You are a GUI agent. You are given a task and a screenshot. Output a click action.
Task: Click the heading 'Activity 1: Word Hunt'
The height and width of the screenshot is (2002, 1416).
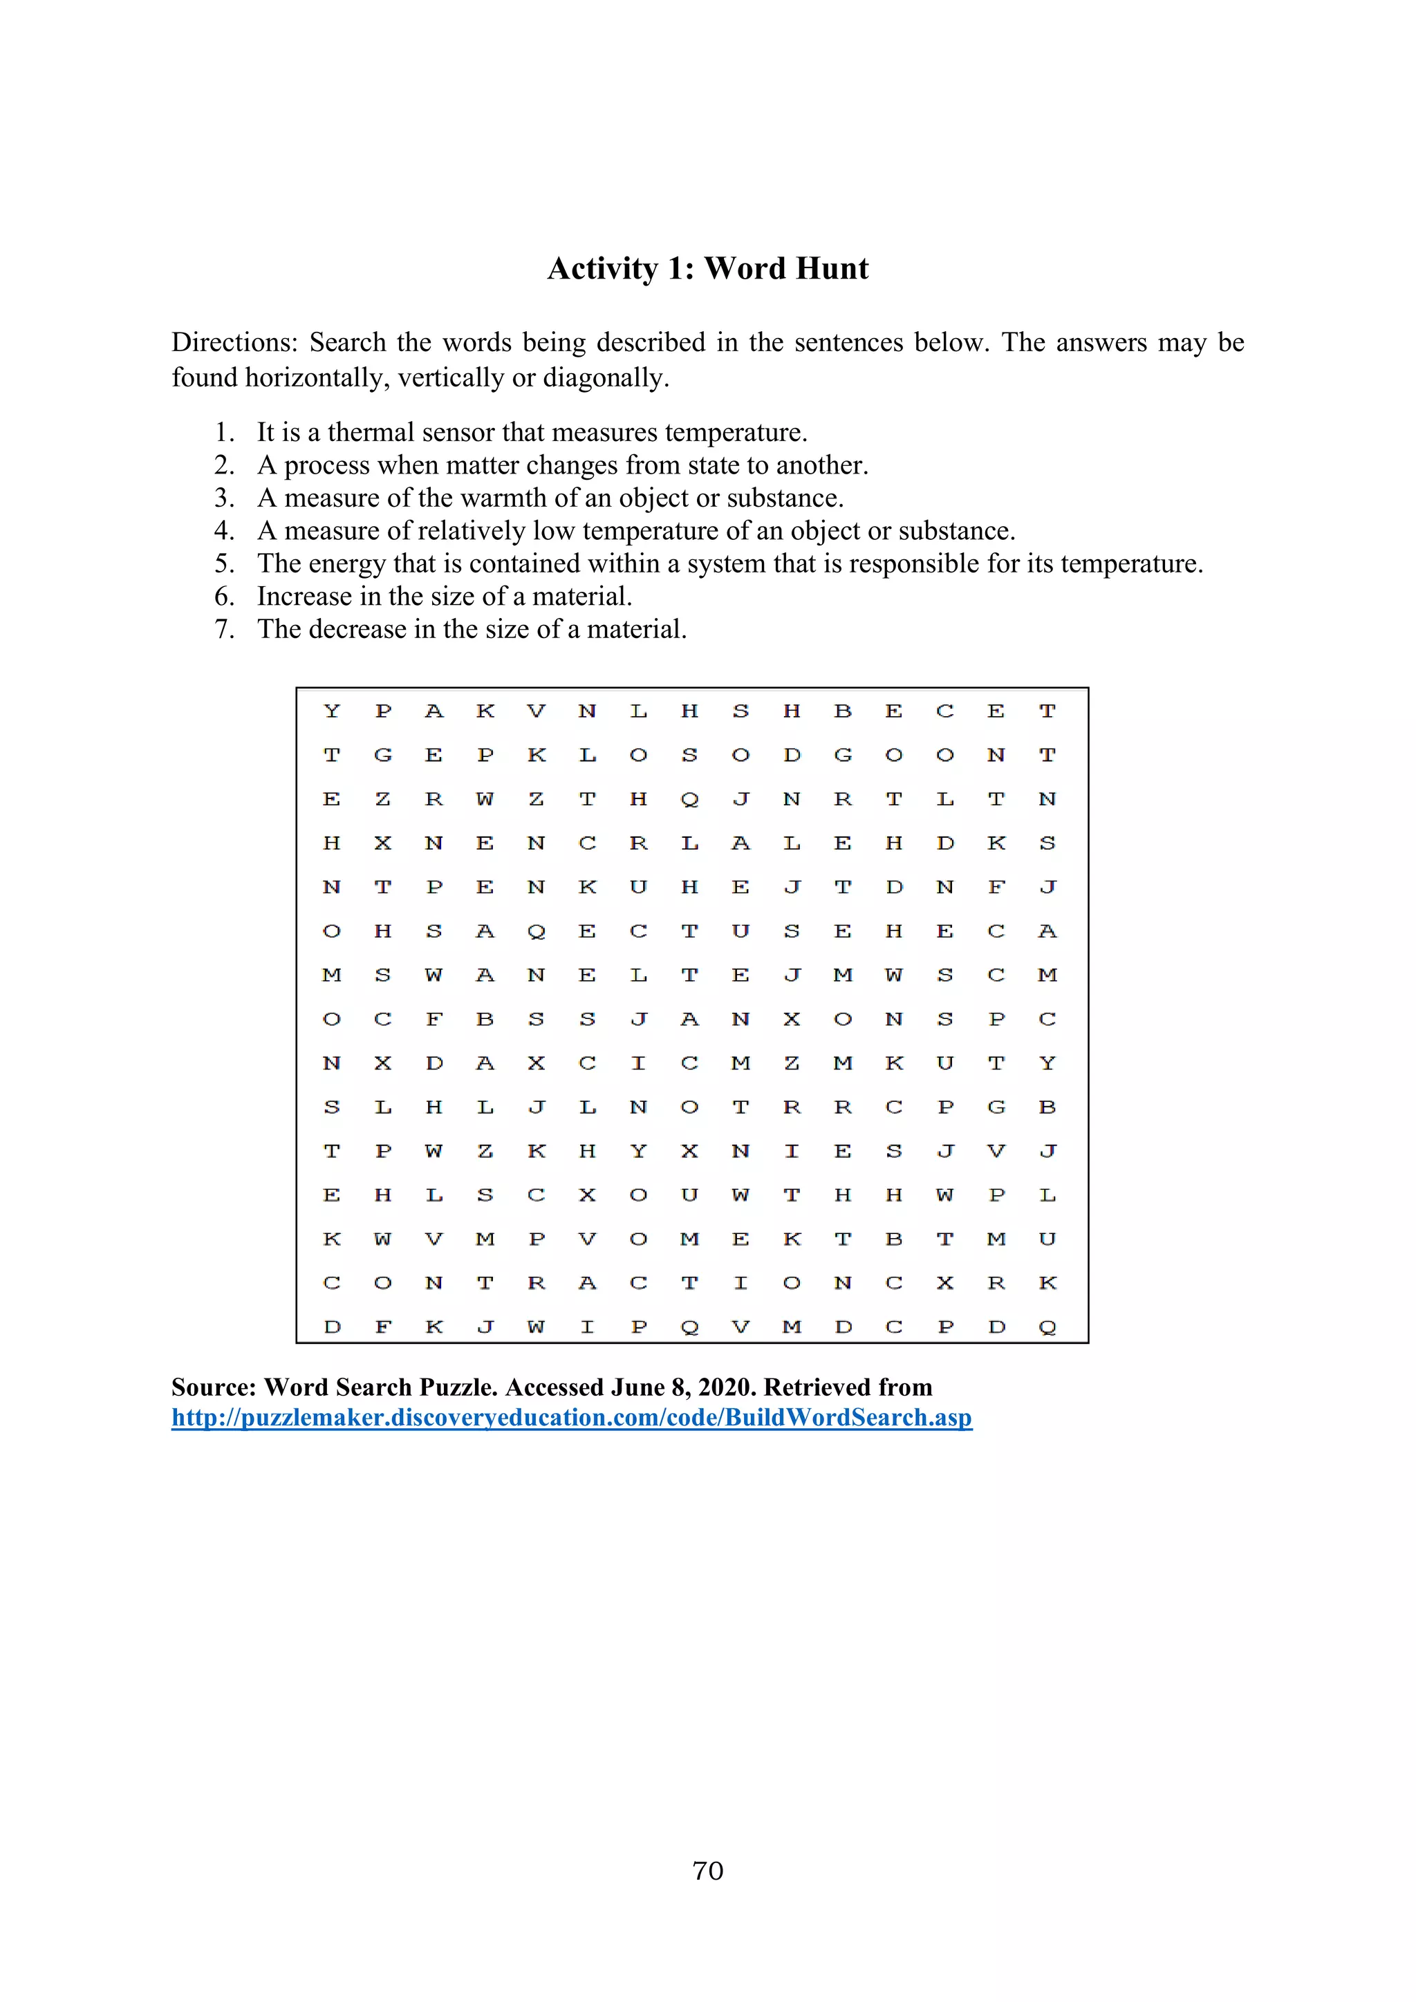[x=707, y=268]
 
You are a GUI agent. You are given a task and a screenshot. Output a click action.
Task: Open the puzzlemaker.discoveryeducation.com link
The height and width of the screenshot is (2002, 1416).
[x=571, y=1418]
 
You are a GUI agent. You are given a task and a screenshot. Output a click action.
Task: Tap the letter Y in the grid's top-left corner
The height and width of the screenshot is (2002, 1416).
[x=331, y=711]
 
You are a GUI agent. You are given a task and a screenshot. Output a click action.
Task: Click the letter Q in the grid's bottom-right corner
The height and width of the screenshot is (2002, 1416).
[x=1047, y=1327]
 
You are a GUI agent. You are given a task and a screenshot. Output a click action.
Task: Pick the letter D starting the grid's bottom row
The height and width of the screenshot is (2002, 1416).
[x=331, y=1327]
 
